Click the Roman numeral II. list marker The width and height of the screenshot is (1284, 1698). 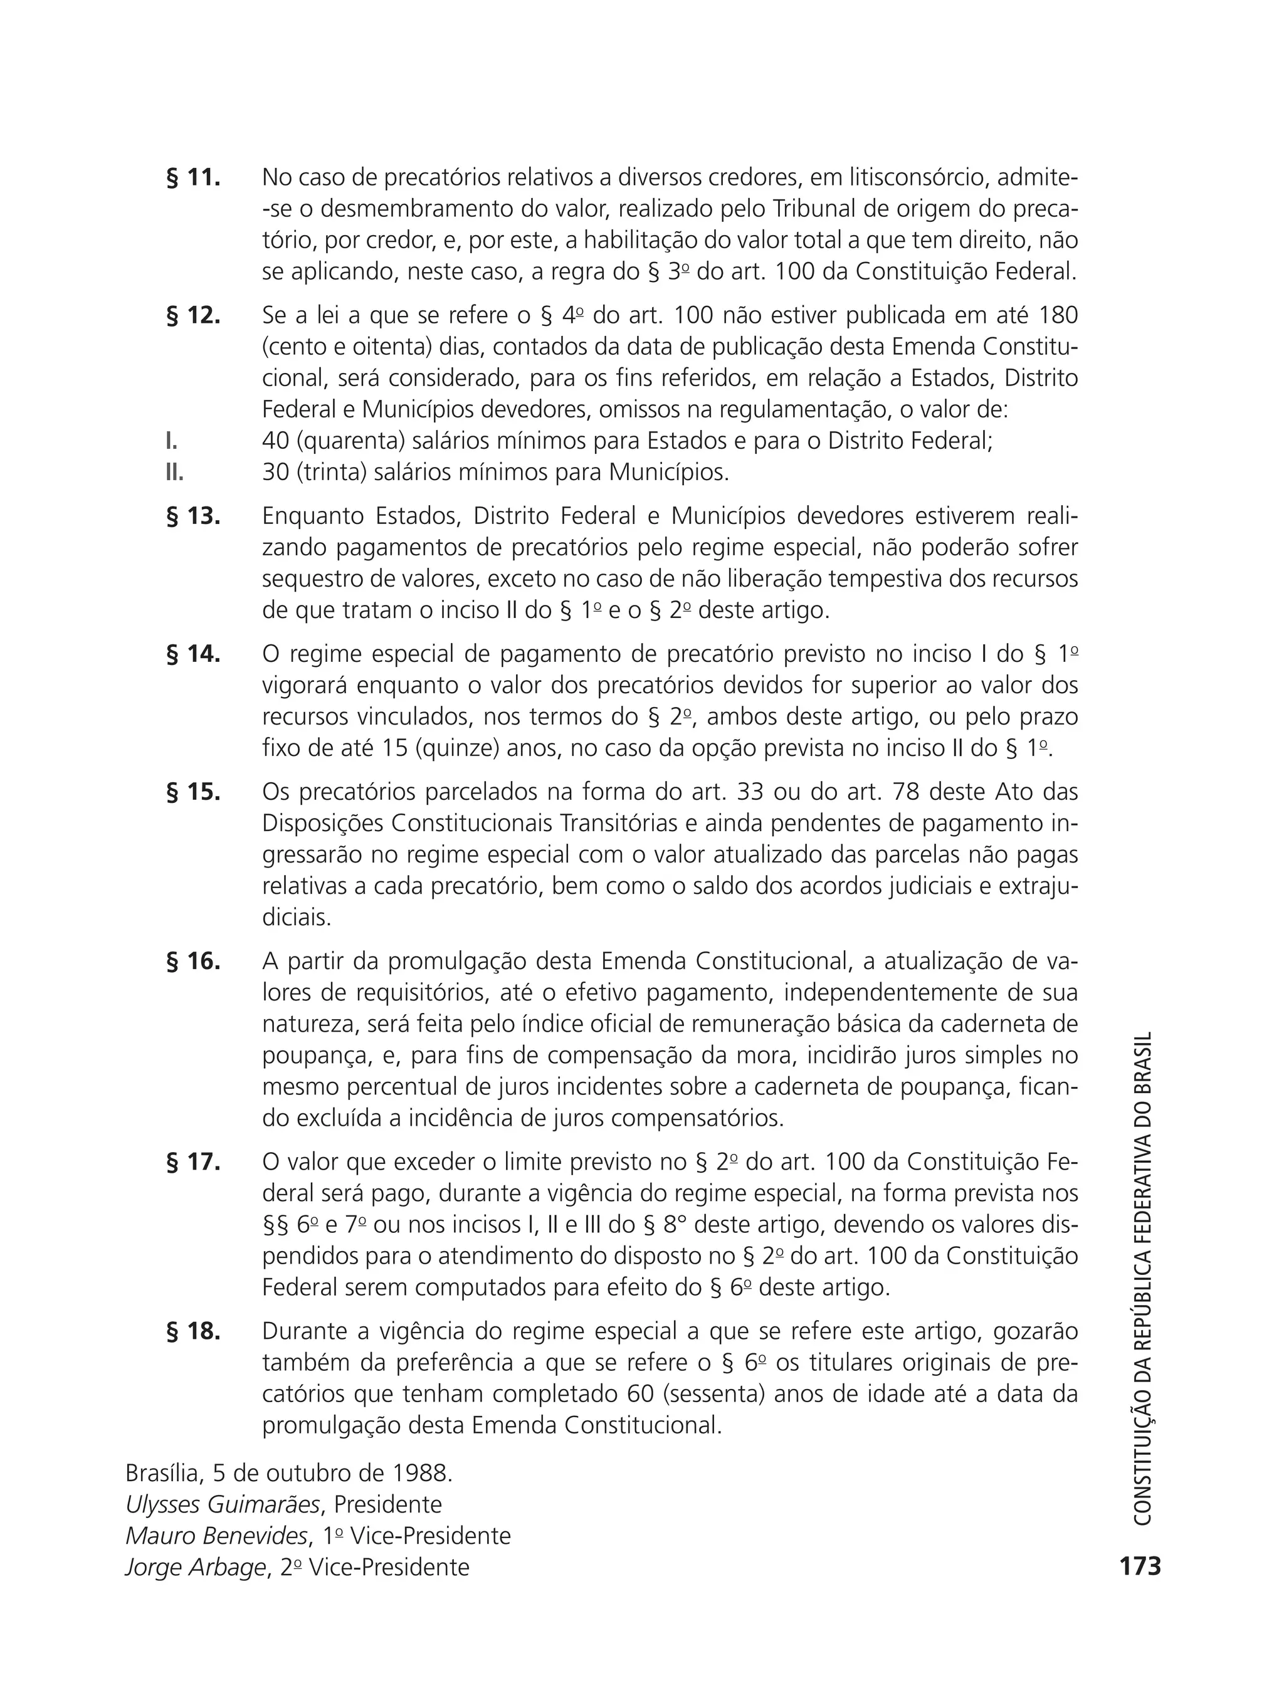174,472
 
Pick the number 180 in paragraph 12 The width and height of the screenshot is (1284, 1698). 1058,315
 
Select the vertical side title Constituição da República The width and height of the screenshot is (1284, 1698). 1143,1277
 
